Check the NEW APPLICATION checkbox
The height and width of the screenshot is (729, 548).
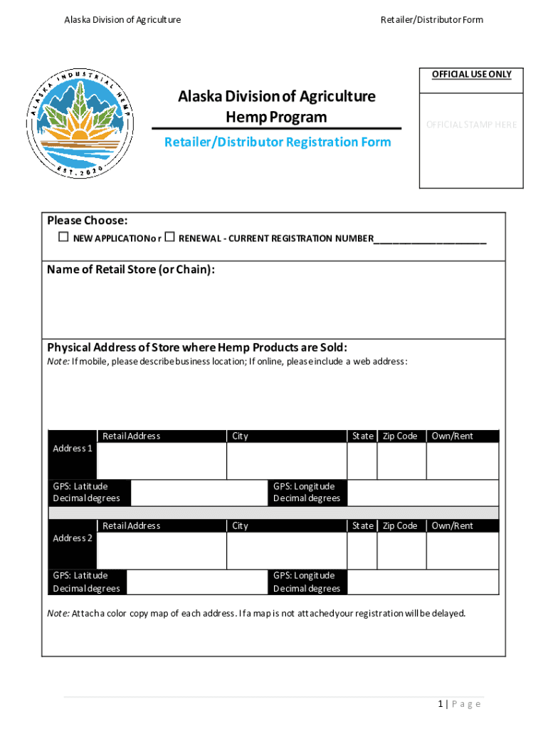pyautogui.click(x=63, y=237)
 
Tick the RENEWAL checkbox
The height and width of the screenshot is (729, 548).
pyautogui.click(x=169, y=237)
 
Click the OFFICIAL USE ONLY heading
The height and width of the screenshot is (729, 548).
pyautogui.click(x=471, y=74)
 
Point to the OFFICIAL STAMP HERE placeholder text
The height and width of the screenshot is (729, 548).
pyautogui.click(x=471, y=125)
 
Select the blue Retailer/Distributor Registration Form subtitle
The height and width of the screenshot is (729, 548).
pyautogui.click(x=278, y=142)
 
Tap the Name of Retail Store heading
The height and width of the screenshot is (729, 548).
pyautogui.click(x=131, y=270)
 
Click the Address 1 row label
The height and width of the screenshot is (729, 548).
pyautogui.click(x=73, y=449)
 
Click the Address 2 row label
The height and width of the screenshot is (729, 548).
pyautogui.click(x=73, y=538)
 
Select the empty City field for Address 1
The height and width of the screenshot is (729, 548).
pyautogui.click(x=286, y=461)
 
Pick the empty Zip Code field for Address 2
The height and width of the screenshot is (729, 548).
pyautogui.click(x=401, y=550)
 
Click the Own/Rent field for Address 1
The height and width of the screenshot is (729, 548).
pyautogui.click(x=462, y=461)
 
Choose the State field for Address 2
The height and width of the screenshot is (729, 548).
pyautogui.click(x=362, y=550)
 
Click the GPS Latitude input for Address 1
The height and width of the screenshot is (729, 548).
pyautogui.click(x=199, y=493)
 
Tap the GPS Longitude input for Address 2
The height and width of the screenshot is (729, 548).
pyautogui.click(x=423, y=582)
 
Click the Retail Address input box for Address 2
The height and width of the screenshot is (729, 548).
pyautogui.click(x=161, y=550)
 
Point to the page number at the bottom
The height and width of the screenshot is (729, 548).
pyautogui.click(x=459, y=704)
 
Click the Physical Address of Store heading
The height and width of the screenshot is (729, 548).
pyautogui.click(x=197, y=347)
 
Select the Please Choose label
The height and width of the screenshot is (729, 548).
pyautogui.click(x=88, y=221)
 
